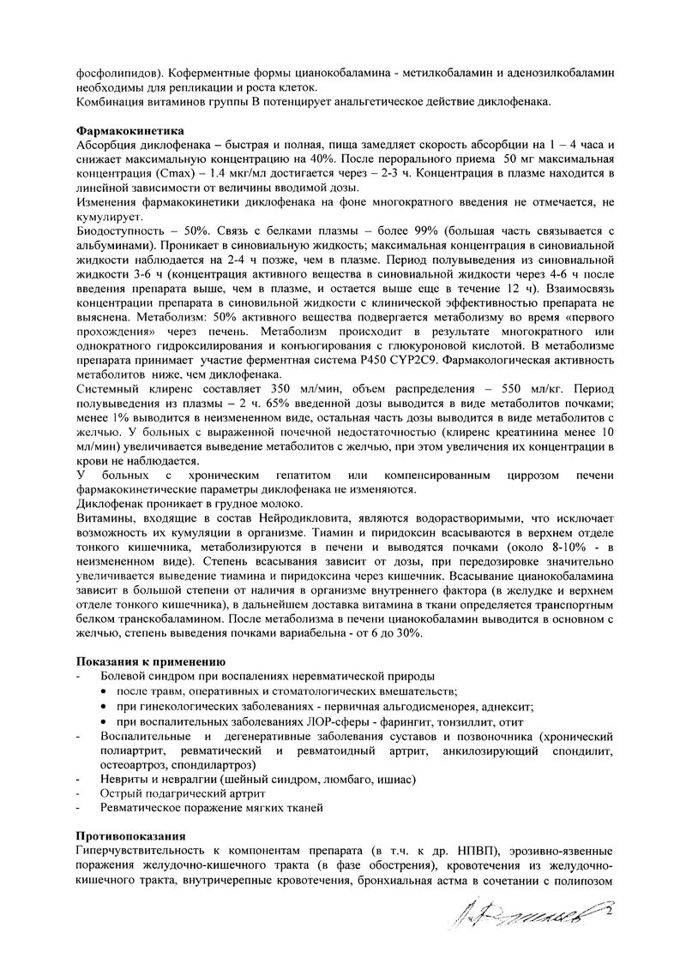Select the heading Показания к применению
(150, 662)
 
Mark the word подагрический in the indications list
(176, 793)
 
